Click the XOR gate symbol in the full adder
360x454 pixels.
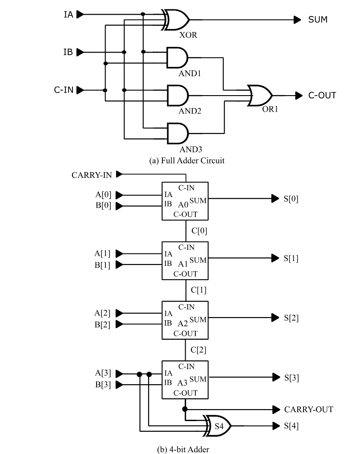(x=177, y=19)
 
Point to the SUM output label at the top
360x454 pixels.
(x=318, y=20)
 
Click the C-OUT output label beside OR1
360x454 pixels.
(x=322, y=95)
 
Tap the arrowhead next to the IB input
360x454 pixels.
(x=80, y=52)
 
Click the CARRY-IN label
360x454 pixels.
(x=92, y=175)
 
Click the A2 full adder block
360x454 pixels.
(x=185, y=320)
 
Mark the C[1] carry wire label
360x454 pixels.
(x=198, y=290)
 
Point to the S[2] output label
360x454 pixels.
(x=291, y=318)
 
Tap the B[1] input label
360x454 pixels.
(x=102, y=265)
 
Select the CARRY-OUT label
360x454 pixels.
(x=308, y=409)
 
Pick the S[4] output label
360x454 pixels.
(x=291, y=426)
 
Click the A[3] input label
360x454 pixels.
(x=102, y=373)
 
